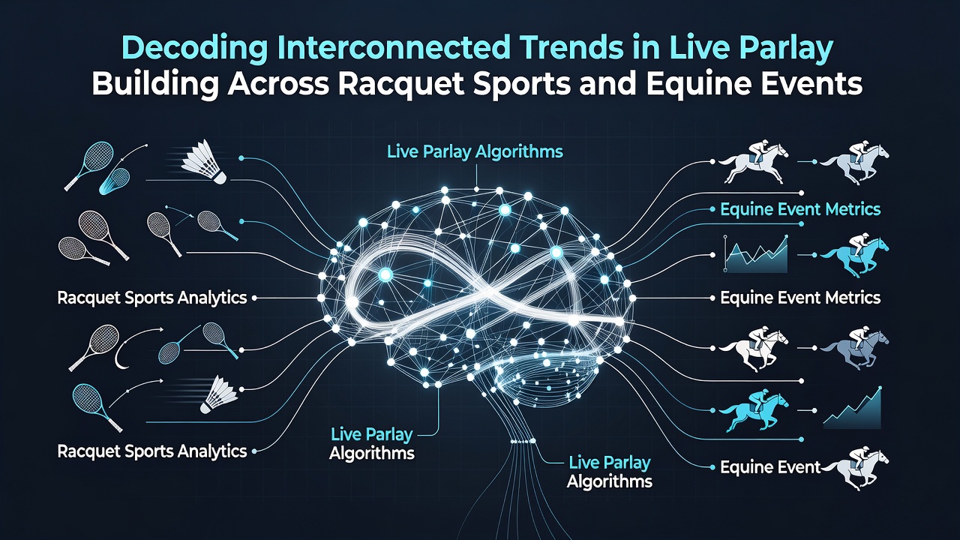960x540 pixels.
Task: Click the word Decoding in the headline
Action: (x=194, y=48)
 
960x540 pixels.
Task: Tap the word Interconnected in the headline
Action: (x=394, y=48)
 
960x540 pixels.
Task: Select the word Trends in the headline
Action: (x=569, y=48)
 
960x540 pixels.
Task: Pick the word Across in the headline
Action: (x=278, y=85)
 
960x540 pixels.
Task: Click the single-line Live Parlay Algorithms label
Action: (x=475, y=152)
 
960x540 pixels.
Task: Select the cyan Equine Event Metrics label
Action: (x=800, y=209)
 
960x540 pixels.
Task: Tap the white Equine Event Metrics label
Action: (x=800, y=298)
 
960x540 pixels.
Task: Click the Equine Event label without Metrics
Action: (x=770, y=467)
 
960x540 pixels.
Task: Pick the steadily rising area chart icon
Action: (x=852, y=409)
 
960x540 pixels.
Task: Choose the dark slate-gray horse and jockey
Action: (x=854, y=349)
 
